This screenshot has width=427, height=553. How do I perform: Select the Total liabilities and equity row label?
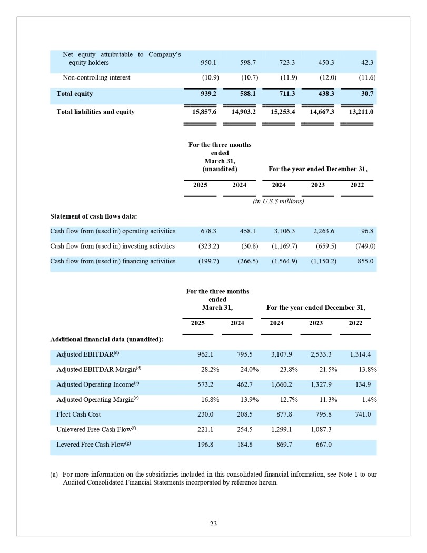(x=95, y=112)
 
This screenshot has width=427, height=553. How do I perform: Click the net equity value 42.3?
(x=367, y=63)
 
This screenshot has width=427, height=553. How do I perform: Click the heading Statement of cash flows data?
(x=93, y=216)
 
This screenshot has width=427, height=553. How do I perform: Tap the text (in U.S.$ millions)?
(x=279, y=201)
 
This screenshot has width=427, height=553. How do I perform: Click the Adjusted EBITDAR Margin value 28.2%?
(x=208, y=370)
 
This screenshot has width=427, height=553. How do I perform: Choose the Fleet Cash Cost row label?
(x=78, y=415)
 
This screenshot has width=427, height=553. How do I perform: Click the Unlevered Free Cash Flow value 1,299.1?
(x=281, y=430)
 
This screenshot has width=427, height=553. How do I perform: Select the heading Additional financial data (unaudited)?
(x=106, y=339)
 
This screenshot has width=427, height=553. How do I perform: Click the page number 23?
(x=213, y=524)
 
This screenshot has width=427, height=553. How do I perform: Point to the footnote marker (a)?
(x=54, y=475)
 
